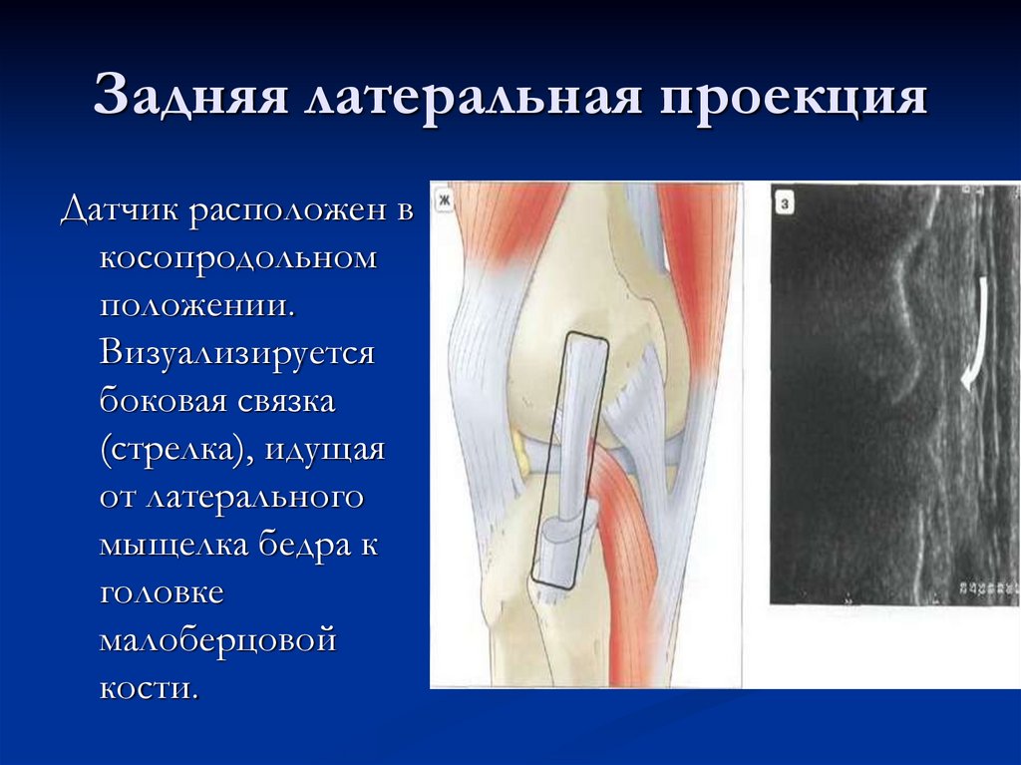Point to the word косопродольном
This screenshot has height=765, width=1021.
[237, 259]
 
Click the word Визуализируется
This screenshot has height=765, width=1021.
[236, 355]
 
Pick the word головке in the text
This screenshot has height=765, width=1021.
[162, 593]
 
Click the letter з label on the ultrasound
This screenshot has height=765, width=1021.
[785, 204]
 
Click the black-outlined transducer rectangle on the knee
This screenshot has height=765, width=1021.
[569, 459]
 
